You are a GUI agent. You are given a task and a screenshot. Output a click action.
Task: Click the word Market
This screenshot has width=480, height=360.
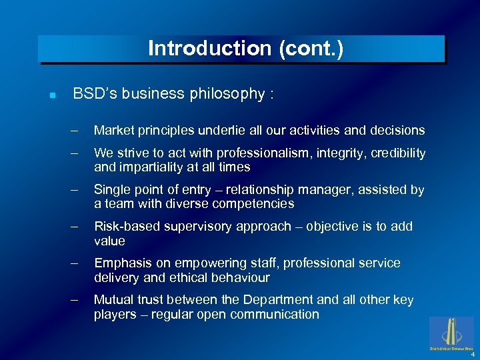click(114, 130)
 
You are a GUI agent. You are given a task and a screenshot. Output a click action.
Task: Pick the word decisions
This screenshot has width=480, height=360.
click(394, 130)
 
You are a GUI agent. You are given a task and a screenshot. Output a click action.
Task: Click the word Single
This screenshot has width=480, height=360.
click(111, 190)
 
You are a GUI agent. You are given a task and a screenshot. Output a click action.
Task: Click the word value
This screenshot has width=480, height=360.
click(109, 240)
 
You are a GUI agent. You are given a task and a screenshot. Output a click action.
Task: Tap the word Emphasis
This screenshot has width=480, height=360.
click(121, 263)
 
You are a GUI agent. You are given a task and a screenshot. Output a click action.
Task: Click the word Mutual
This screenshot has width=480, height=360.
click(114, 300)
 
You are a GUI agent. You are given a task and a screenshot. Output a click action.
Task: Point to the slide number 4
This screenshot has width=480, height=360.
click(472, 354)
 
